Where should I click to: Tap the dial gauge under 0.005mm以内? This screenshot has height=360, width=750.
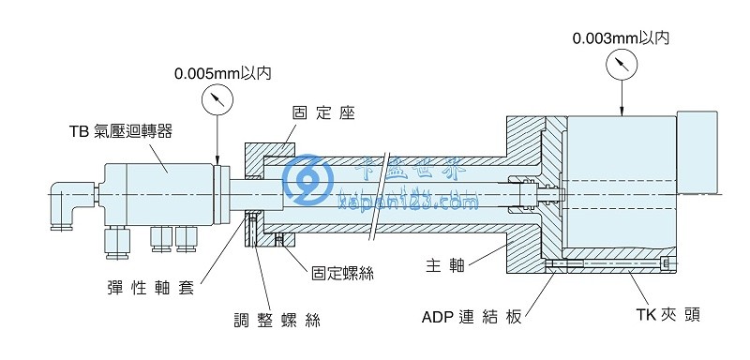(x=217, y=99)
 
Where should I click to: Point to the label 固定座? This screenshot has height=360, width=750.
(x=324, y=112)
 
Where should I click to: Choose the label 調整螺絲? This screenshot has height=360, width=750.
(x=277, y=320)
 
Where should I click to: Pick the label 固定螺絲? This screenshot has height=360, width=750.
(x=343, y=273)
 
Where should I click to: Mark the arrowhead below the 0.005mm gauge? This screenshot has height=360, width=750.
(x=217, y=159)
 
